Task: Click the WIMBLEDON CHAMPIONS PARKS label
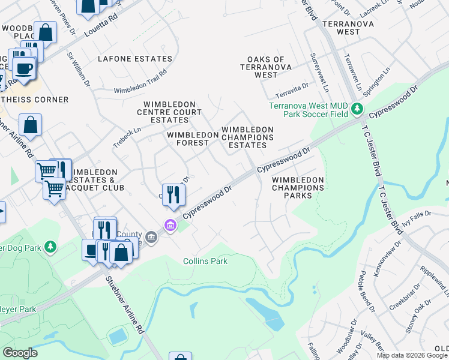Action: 298,187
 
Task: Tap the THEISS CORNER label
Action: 34,99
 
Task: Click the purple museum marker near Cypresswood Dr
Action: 170,226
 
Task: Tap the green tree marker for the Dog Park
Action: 51,247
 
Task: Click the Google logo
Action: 20,352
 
